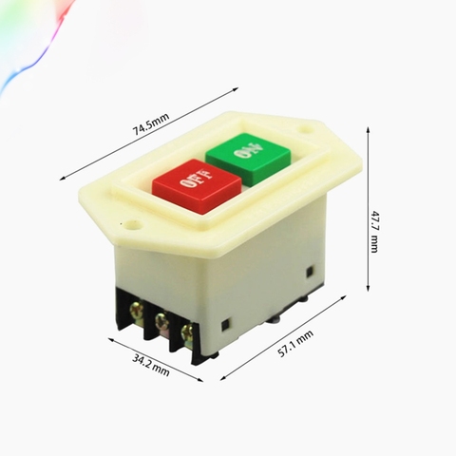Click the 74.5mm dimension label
click(151, 123)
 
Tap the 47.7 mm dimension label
click(374, 231)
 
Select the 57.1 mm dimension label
click(295, 344)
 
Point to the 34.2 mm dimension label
click(151, 365)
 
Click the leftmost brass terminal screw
click(137, 309)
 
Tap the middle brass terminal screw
click(161, 320)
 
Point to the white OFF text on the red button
click(196, 179)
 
